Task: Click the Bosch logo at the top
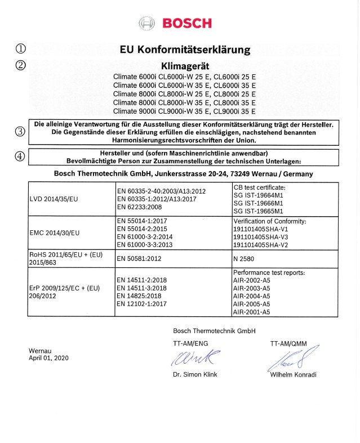(x=175, y=23)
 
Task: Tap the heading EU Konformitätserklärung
(x=185, y=50)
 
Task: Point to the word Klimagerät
(x=185, y=66)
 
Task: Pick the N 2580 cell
(x=245, y=258)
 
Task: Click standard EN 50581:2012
(x=143, y=258)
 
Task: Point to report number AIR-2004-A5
(x=251, y=296)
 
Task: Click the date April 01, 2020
(x=48, y=358)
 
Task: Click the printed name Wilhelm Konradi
(x=293, y=375)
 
